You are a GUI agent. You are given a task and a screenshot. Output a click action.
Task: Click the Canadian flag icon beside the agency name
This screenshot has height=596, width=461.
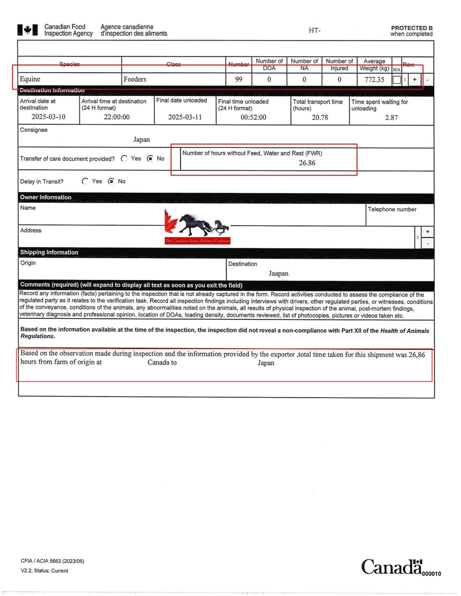pos(27,30)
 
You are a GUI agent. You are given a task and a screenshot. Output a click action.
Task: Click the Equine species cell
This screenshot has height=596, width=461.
pos(30,79)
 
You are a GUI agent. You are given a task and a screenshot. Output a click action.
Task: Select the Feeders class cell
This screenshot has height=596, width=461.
pos(135,79)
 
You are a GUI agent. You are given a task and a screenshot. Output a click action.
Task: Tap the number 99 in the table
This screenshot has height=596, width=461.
pos(239,79)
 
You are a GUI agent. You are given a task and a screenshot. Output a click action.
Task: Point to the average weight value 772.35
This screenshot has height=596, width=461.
pos(374,80)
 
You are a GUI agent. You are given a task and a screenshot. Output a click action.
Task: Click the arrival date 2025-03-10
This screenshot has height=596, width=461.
pos(49,117)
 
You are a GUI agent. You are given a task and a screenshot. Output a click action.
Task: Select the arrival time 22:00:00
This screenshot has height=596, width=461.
pos(117,117)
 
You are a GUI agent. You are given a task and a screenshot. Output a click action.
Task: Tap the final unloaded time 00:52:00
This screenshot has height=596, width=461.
pos(253,117)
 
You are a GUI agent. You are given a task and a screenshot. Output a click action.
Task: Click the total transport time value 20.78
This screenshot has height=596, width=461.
pos(320,117)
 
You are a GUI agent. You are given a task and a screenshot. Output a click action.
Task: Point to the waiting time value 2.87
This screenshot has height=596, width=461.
pos(391,118)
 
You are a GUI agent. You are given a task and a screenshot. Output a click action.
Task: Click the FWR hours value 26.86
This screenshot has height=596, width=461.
pos(307,163)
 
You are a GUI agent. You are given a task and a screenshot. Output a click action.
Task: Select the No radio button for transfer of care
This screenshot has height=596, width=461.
pos(150,159)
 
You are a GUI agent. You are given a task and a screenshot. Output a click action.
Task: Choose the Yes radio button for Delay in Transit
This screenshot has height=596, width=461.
pos(85,181)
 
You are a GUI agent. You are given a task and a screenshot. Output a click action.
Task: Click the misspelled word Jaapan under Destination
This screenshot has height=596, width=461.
pos(278,273)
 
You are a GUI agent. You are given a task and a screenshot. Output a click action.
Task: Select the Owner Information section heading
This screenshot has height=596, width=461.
pos(46,197)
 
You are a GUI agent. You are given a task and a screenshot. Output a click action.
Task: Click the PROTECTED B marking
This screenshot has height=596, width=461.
pos(411,28)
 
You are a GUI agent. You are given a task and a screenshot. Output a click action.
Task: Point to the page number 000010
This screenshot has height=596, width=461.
pos(431,574)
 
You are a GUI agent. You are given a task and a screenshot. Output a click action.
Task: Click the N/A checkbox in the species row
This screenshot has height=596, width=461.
pos(396,80)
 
